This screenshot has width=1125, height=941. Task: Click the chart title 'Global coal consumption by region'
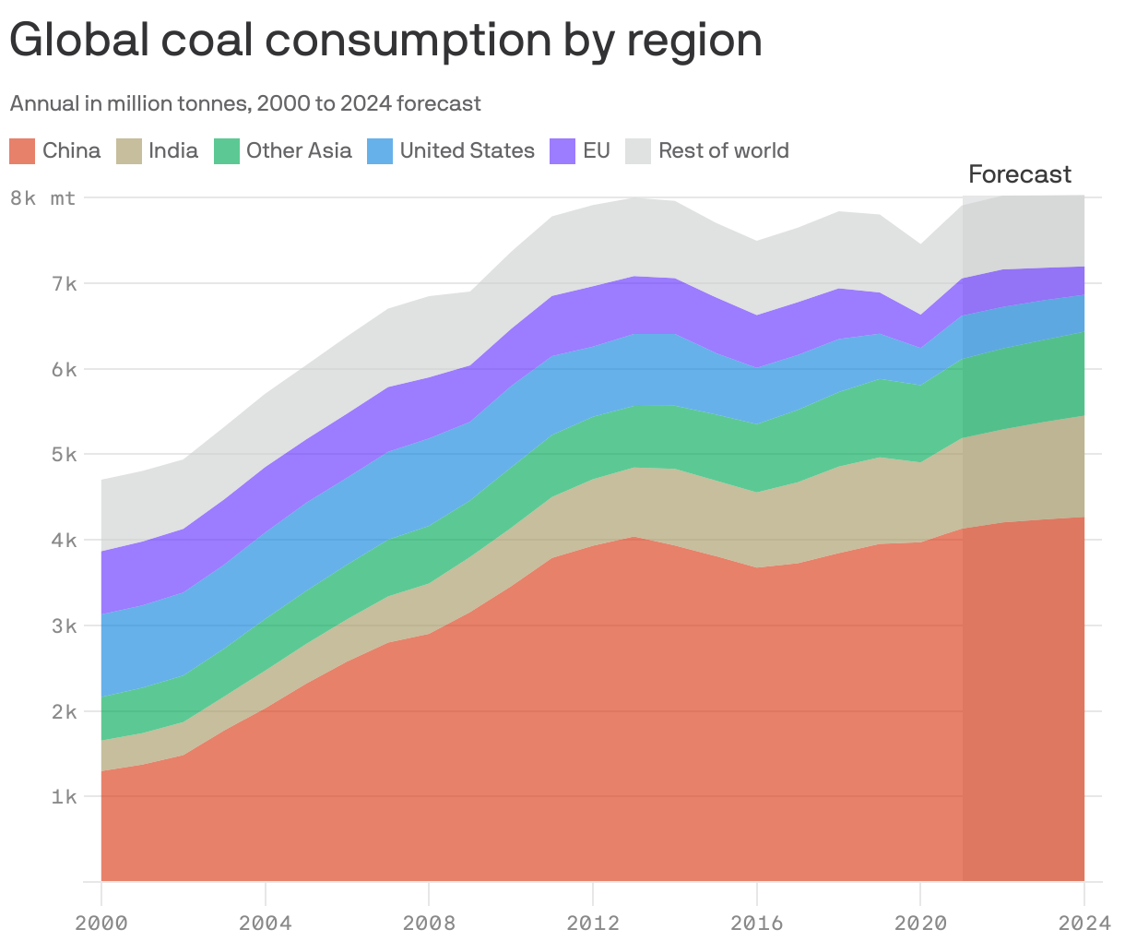click(x=385, y=41)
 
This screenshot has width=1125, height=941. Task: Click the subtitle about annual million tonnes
click(x=245, y=103)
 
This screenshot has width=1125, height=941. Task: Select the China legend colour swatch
click(x=23, y=150)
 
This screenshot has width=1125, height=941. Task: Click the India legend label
click(x=173, y=150)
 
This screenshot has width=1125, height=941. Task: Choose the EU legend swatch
click(x=562, y=150)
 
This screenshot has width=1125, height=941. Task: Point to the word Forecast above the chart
click(x=1020, y=174)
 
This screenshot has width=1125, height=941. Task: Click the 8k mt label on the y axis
click(x=43, y=197)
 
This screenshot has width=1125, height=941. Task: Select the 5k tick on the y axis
click(x=64, y=454)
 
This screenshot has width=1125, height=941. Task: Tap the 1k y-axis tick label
click(x=64, y=796)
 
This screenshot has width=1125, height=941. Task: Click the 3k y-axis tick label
click(x=64, y=625)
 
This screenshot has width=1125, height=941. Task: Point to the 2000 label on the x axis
click(x=101, y=923)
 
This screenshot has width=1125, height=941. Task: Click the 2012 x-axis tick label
click(x=593, y=923)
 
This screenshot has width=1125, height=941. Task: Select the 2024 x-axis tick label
click(x=1084, y=923)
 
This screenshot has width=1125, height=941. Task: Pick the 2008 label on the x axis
click(x=429, y=923)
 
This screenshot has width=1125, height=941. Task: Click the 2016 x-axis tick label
click(x=756, y=923)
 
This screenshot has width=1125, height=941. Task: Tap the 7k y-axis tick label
click(x=64, y=283)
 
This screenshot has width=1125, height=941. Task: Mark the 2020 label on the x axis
click(x=920, y=923)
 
